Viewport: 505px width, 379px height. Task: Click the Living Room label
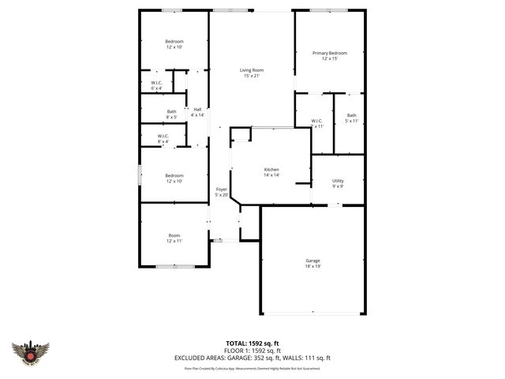[252, 70]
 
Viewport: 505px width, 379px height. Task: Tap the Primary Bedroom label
[329, 53]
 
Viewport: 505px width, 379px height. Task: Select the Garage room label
[312, 260]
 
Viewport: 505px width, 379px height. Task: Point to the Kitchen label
[271, 170]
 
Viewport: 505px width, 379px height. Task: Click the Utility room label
[337, 181]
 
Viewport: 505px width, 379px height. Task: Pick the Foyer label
[222, 189]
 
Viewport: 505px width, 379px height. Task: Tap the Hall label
[197, 109]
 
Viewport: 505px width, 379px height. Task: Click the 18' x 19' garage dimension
[312, 266]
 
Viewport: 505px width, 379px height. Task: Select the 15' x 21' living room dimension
[252, 77]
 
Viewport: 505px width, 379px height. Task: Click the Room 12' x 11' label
[174, 238]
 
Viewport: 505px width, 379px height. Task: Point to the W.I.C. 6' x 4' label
[156, 85]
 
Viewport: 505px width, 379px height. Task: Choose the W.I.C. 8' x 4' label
[163, 138]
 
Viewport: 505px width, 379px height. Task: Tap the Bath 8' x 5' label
[171, 114]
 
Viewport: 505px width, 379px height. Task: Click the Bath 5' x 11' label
[351, 118]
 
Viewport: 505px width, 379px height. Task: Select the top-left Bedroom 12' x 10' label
[174, 44]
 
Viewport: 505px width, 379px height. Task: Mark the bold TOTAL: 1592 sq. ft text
[252, 343]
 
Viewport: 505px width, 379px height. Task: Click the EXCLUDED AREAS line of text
[252, 358]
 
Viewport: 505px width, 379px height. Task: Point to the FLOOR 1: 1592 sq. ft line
[252, 351]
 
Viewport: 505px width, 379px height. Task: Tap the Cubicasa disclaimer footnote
[252, 368]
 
